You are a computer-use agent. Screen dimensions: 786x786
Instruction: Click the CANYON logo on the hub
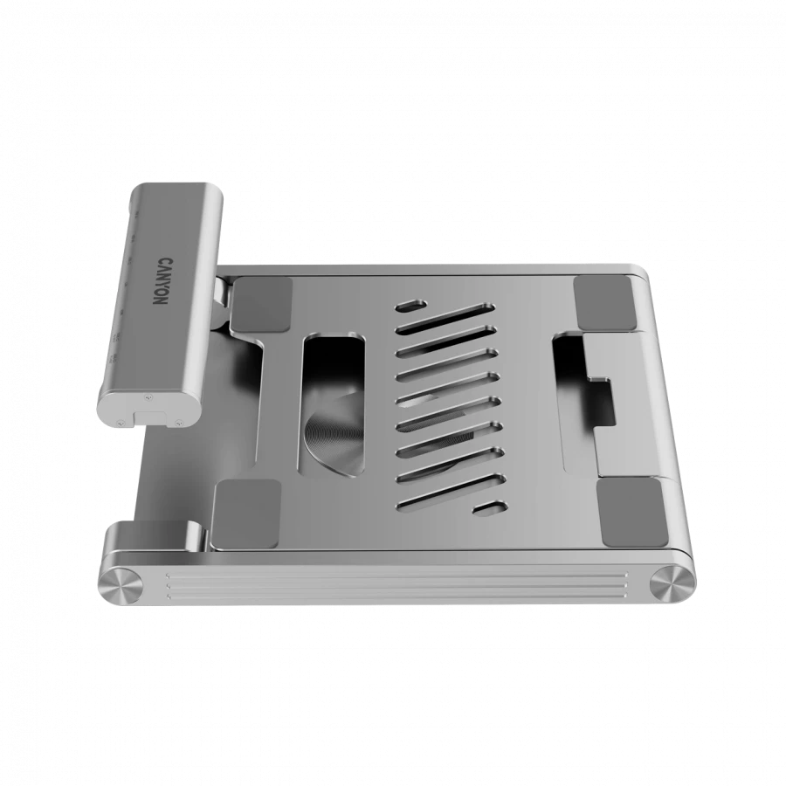(163, 281)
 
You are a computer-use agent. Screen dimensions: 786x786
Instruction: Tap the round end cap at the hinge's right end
(672, 583)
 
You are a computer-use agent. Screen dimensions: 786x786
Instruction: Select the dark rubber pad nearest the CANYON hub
(261, 304)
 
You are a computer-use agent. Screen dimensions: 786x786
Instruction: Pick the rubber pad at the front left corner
(246, 514)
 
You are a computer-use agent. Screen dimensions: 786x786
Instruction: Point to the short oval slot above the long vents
(411, 306)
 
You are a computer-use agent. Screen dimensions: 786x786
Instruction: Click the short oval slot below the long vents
(490, 507)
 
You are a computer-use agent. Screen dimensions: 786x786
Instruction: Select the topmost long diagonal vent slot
(445, 318)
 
